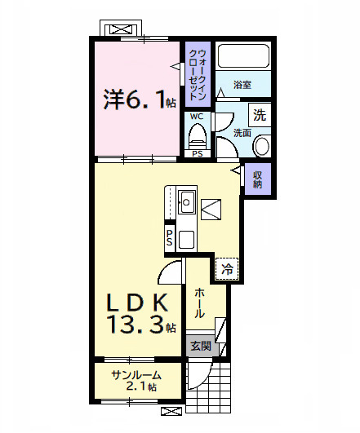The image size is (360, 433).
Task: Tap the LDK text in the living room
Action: click(x=137, y=303)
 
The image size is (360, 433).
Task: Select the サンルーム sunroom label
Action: click(x=136, y=376)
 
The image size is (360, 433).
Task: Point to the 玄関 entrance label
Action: click(x=201, y=346)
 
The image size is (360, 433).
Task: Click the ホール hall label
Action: click(x=200, y=303)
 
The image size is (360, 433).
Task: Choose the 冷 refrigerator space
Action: click(x=227, y=269)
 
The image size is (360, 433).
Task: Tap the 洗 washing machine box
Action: click(x=260, y=115)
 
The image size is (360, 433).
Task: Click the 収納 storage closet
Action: click(x=257, y=179)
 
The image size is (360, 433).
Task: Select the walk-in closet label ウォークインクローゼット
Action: click(x=198, y=74)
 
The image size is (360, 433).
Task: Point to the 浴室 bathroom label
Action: click(x=242, y=85)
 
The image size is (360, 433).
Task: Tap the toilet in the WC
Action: click(x=198, y=136)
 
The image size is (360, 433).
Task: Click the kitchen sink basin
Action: click(x=187, y=202)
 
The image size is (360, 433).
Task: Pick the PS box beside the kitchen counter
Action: click(x=170, y=237)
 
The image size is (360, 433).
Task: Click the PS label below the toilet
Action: click(x=198, y=153)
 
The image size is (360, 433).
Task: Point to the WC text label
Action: click(x=197, y=117)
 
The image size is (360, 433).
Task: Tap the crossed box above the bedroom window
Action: click(x=121, y=29)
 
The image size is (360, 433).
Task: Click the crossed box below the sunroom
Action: click(x=171, y=411)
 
